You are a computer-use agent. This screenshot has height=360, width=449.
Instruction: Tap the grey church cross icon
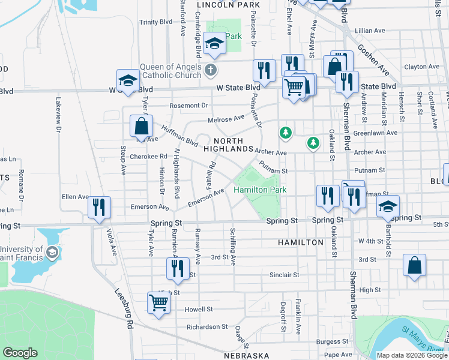(x=211, y=70)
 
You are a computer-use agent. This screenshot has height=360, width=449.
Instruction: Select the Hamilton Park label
(x=259, y=190)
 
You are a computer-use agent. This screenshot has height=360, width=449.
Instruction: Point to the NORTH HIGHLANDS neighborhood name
(x=228, y=143)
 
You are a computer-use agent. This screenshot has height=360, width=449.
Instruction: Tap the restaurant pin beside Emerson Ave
(x=99, y=207)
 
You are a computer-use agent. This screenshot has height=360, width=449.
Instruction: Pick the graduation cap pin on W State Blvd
(x=128, y=81)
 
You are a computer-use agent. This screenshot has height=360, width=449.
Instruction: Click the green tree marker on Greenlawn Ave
(x=286, y=132)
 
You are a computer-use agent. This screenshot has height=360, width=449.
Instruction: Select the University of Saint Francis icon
(x=51, y=251)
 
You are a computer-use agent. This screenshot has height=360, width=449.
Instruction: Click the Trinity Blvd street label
(x=155, y=22)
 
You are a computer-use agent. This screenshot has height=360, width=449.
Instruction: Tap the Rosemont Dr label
(x=188, y=106)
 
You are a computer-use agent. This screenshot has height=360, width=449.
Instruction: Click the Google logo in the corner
(x=20, y=352)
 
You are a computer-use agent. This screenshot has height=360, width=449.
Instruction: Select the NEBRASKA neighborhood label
(x=247, y=355)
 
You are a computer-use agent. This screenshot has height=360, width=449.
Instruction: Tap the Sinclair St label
(x=284, y=275)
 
